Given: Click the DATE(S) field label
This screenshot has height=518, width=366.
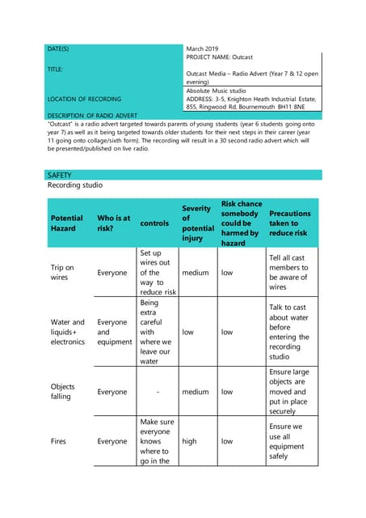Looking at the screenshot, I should pos(58,49).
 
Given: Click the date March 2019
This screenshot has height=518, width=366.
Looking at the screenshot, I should pos(206,49).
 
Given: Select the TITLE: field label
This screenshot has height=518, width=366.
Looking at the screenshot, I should pos(56,70).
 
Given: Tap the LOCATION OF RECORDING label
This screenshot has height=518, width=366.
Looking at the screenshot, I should pos(84,100).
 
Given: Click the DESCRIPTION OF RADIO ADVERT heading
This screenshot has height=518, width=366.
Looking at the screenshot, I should pos(94,116).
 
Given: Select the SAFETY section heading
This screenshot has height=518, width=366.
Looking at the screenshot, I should pos(60,175).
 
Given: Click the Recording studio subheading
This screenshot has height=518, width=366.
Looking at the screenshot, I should pos(75,185).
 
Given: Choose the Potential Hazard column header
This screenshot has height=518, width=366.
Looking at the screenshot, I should pos(66,223).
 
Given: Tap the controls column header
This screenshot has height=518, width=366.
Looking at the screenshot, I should pos(154,223).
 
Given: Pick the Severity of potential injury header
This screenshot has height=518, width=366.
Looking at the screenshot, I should pos(196,223).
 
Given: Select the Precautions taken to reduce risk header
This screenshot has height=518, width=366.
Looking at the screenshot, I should pos(289,223).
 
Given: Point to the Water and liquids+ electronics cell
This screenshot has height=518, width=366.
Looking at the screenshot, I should pos(67,332).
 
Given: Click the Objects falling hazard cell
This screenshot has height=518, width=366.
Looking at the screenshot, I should pos(63,392).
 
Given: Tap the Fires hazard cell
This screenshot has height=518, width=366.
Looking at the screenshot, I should pos(59,441).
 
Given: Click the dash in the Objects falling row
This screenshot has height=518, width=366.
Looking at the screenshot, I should pos(154,392).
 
